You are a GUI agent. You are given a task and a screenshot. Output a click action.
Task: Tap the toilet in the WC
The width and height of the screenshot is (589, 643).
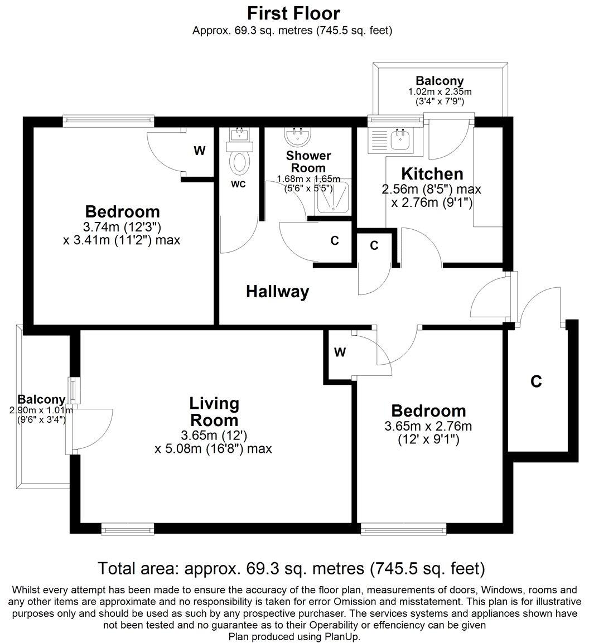(x=240, y=162)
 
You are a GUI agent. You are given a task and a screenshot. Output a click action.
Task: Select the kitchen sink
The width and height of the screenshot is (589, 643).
(x=400, y=141)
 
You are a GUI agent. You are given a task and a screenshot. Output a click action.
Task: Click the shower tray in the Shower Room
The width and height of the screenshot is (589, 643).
(x=333, y=197)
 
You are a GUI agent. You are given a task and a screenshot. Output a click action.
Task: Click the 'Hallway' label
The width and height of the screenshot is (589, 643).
(x=277, y=292)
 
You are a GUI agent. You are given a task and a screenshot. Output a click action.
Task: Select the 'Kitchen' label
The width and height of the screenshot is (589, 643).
(x=425, y=173)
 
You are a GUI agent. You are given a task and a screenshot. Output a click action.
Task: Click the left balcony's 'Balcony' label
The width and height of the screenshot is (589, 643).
(x=41, y=400)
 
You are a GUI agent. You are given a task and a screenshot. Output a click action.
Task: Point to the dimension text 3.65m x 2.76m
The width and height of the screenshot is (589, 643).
(x=428, y=427)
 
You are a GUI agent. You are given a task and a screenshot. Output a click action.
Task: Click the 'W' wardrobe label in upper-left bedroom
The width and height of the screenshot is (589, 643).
(x=199, y=151)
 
